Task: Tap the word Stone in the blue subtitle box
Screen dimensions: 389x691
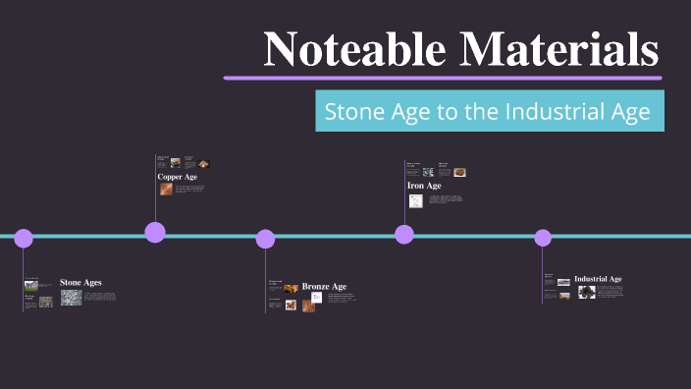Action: click(354, 112)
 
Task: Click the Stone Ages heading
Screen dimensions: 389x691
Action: click(80, 283)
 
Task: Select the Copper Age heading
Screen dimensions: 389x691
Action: click(178, 177)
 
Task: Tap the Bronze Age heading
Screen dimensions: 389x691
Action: click(324, 287)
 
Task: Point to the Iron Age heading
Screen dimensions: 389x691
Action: click(424, 185)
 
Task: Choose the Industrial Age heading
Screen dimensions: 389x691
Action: click(598, 279)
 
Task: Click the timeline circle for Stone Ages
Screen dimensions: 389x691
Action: click(24, 238)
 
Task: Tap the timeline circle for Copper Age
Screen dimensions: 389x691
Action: click(155, 233)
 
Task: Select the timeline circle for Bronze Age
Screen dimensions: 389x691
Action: click(265, 239)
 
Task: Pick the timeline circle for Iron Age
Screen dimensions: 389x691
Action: click(404, 234)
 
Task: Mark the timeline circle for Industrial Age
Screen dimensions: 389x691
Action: click(543, 238)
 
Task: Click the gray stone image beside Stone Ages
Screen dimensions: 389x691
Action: click(71, 297)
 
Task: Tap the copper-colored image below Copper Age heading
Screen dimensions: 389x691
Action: click(166, 189)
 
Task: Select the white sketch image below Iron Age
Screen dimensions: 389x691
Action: click(416, 200)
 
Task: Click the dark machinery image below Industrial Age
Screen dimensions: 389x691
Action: click(587, 292)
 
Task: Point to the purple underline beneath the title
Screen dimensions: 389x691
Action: click(442, 77)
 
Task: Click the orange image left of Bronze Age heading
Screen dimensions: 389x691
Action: click(292, 288)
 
